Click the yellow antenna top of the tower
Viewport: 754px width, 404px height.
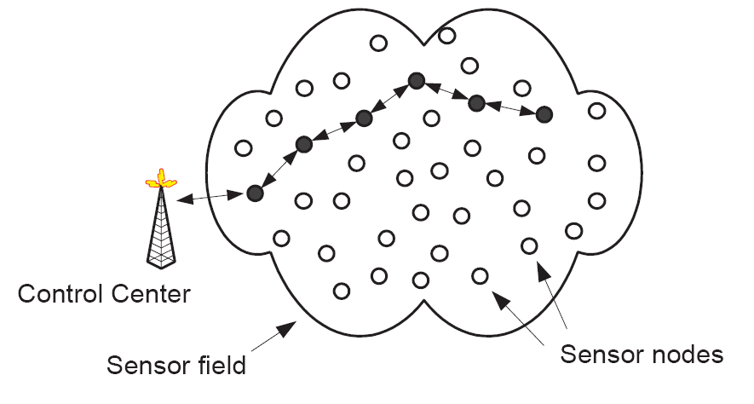pos(160,180)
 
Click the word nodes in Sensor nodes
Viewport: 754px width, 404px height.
pos(681,354)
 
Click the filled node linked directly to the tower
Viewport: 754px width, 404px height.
pos(254,193)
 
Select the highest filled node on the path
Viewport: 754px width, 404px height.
pos(416,81)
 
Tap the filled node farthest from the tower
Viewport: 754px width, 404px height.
pos(544,113)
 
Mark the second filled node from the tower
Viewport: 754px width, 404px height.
pos(303,144)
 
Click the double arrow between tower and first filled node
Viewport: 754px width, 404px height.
pos(211,198)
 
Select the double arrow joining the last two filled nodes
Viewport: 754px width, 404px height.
pos(510,108)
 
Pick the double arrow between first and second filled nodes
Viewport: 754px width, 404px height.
pos(279,169)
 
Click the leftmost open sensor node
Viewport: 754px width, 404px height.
pos(243,148)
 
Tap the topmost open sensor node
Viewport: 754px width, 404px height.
pos(447,36)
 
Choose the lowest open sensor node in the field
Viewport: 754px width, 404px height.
pos(342,291)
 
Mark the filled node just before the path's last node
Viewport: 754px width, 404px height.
pos(477,103)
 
